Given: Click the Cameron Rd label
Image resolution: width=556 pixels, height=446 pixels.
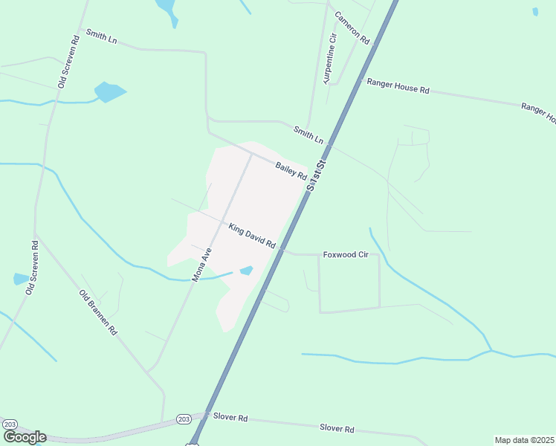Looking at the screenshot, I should pos(352,28).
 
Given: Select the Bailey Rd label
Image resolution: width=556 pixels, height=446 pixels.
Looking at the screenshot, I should pos(291,171).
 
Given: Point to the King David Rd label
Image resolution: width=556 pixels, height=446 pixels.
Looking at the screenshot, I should pos(252,236).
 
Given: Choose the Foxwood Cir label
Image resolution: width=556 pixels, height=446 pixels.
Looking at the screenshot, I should pos(346,254).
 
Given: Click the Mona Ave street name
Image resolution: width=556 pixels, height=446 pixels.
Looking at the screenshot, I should pos(202,264).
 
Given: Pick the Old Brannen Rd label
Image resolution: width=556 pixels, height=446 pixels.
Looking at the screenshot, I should pos(98,312).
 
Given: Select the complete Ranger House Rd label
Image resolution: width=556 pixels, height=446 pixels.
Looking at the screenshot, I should pos(397,85).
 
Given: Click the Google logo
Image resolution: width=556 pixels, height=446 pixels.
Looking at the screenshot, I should pos(24,437).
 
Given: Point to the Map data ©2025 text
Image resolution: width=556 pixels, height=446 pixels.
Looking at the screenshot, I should pos(524,440).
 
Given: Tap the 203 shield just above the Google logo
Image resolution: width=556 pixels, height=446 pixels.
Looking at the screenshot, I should pos(10,424).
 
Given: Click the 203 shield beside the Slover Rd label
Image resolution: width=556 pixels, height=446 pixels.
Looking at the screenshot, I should pos(184,418).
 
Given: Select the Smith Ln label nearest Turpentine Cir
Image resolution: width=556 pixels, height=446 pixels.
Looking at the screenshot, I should pos(308,135).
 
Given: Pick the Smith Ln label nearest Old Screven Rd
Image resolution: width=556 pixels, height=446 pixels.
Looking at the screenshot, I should pos(101,37).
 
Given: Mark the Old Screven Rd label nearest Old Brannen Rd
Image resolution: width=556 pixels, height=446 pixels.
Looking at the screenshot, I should pos(31,267).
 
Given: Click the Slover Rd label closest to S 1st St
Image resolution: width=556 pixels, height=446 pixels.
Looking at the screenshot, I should pos(230,418).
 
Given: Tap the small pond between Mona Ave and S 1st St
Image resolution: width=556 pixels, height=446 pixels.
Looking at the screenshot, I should pos(246,271).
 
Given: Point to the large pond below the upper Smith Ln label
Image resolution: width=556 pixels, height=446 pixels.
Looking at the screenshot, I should pos(109,92).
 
